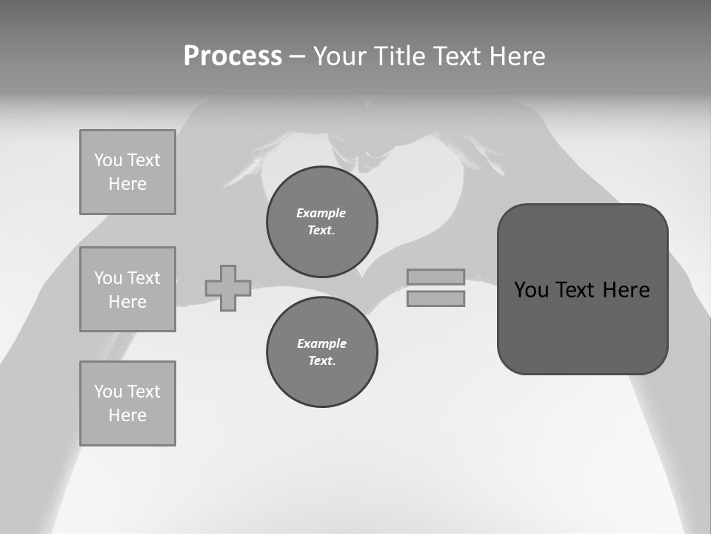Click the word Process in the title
point(233,56)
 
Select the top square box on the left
point(127,172)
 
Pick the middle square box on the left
point(127,289)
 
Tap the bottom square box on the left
point(127,403)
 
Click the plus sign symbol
point(228,288)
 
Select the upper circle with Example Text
point(322,221)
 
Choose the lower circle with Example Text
point(322,352)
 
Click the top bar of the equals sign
point(435,277)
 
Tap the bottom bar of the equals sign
point(435,299)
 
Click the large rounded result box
point(582,289)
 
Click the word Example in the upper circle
point(321,213)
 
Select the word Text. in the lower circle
point(322,360)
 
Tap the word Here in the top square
point(127,184)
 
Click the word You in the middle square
point(108,278)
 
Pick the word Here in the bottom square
point(127,415)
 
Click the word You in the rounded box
point(532,290)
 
